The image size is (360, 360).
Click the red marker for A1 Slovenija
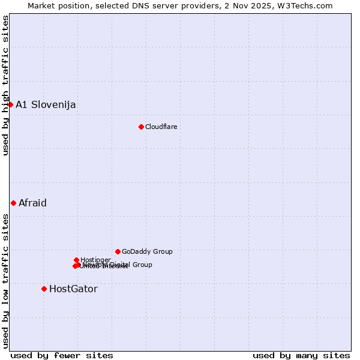(10, 104)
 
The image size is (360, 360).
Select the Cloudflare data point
(141, 127)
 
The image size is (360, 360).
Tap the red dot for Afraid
(13, 203)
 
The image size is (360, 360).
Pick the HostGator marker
(44, 289)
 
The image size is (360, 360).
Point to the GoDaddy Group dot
(118, 251)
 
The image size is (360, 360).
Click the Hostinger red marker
(76, 260)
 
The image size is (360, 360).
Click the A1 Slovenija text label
(46, 105)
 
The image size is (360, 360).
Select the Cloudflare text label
(161, 127)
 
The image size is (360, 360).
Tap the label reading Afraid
(32, 203)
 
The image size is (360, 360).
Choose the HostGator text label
(73, 289)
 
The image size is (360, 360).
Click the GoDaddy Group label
(147, 251)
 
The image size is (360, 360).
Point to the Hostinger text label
(95, 260)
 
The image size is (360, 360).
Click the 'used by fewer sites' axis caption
(62, 355)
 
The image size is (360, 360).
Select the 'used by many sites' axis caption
(301, 355)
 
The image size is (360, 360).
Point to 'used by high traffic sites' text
(6, 85)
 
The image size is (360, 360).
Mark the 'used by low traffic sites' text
(6, 280)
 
